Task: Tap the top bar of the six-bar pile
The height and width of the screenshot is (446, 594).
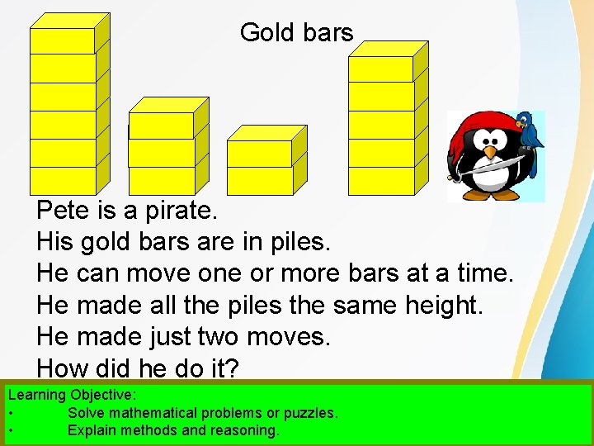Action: [x=63, y=40]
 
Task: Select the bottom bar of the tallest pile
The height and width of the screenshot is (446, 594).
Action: [x=63, y=180]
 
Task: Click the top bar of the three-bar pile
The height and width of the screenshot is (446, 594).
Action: [x=162, y=126]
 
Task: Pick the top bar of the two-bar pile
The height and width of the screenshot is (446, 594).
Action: [x=259, y=154]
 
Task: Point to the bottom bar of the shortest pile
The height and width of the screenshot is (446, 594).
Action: [x=259, y=180]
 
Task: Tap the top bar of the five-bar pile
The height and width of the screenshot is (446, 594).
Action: [x=380, y=69]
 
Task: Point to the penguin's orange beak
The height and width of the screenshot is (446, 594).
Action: [x=492, y=154]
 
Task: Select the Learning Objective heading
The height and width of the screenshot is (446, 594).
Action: [x=73, y=396]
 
